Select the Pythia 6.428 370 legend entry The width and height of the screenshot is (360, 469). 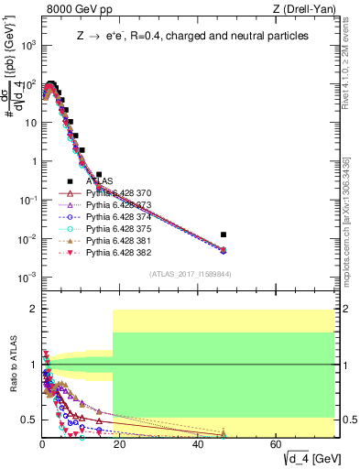(x=122, y=194)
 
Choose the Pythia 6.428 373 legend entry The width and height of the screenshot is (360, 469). (x=122, y=206)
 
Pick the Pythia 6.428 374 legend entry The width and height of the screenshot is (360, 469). (x=122, y=218)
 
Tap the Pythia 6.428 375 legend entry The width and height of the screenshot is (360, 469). (x=122, y=230)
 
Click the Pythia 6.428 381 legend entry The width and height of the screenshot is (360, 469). (x=122, y=242)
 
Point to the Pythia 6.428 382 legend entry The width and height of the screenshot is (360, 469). (x=122, y=254)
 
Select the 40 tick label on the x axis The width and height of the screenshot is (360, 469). (x=199, y=444)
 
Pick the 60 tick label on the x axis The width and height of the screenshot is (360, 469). (x=277, y=444)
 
